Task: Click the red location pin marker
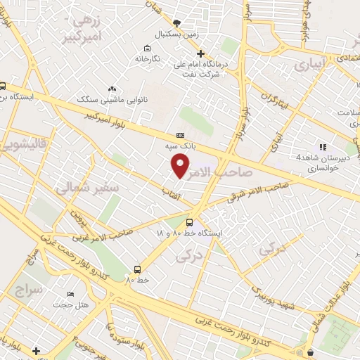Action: point(181,165)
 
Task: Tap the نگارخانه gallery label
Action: point(148,59)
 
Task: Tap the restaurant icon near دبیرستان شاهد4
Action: point(323,147)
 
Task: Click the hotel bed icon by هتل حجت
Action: point(70,294)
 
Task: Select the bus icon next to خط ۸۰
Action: point(137,269)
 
